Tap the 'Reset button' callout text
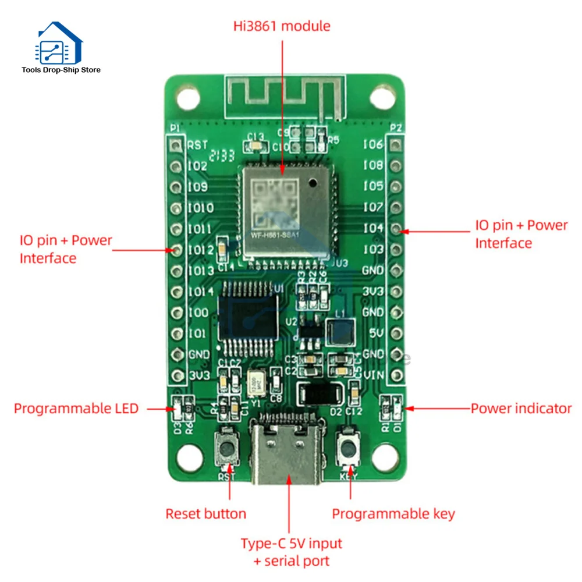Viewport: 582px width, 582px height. pyautogui.click(x=205, y=513)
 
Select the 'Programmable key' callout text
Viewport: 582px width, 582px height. pyautogui.click(x=393, y=513)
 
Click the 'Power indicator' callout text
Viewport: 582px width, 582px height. pyautogui.click(x=521, y=409)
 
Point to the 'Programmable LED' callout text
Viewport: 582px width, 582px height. pyautogui.click(x=76, y=409)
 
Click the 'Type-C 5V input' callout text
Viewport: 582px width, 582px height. pyautogui.click(x=292, y=544)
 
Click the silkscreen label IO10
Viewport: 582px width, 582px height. pyautogui.click(x=200, y=208)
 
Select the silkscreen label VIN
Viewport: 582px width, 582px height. pyautogui.click(x=373, y=375)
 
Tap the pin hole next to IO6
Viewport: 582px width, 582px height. pyautogui.click(x=396, y=145)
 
